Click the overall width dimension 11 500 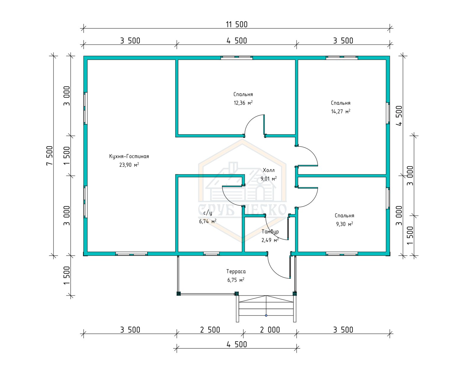pyautogui.click(x=237, y=24)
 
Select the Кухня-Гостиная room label pyautogui.click(x=129, y=156)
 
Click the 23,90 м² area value pyautogui.click(x=129, y=165)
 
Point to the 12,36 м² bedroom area pyautogui.click(x=243, y=103)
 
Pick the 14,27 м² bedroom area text pyautogui.click(x=341, y=111)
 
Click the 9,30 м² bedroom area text pyautogui.click(x=344, y=224)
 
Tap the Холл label pyautogui.click(x=269, y=170)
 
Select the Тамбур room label pyautogui.click(x=270, y=232)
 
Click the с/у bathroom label pyautogui.click(x=208, y=213)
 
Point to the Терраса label pyautogui.click(x=236, y=272)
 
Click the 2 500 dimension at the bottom pyautogui.click(x=210, y=330)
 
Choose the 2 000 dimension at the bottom pyautogui.click(x=270, y=330)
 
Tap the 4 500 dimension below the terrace pyautogui.click(x=237, y=345)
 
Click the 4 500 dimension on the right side pyautogui.click(x=400, y=116)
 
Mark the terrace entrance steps pyautogui.click(x=266, y=309)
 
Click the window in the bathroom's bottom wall pyautogui.click(x=211, y=253)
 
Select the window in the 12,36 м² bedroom pyautogui.click(x=237, y=58)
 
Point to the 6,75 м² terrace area pyautogui.click(x=236, y=280)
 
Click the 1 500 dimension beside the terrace pyautogui.click(x=67, y=275)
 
